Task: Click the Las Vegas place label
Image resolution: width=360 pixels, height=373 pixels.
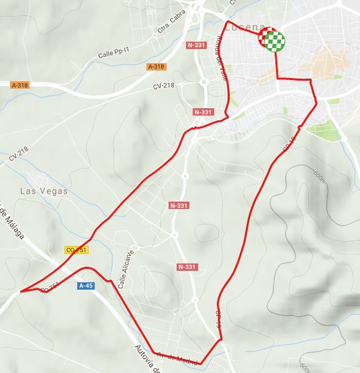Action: [44, 192]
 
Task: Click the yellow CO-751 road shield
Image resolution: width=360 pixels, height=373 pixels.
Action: [77, 250]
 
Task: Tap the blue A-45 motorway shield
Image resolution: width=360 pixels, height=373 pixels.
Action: [85, 286]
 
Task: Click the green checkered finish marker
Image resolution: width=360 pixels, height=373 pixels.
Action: [273, 41]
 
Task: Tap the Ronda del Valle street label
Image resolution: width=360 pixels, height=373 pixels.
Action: [220, 53]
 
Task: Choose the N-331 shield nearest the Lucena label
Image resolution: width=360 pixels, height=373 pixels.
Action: [196, 46]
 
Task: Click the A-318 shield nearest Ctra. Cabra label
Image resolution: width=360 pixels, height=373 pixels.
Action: [155, 67]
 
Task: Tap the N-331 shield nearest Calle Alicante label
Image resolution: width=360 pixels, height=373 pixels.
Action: [187, 267]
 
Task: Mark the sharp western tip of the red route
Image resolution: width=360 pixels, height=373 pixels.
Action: [21, 292]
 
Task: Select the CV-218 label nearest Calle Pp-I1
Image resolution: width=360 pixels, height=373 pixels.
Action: [163, 86]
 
